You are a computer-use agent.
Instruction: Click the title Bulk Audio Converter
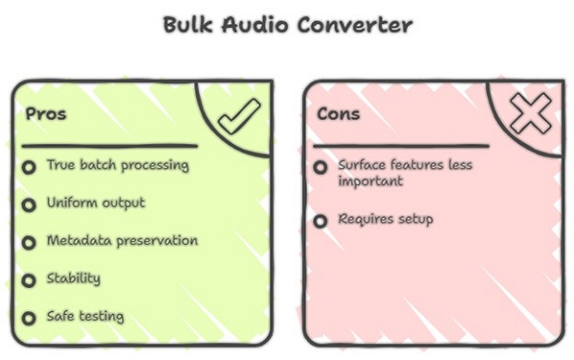click(287, 25)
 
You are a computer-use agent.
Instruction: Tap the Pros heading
click(46, 114)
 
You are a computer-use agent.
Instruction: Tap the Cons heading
click(339, 114)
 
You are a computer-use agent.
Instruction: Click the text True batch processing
click(118, 165)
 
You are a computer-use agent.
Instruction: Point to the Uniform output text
click(96, 203)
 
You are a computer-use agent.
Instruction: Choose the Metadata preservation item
click(122, 240)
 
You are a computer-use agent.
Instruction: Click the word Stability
click(74, 279)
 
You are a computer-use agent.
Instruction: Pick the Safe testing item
click(85, 316)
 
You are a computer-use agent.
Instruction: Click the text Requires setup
click(386, 219)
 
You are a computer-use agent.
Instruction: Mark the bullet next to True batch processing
click(30, 167)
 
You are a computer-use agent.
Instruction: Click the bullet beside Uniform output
click(30, 205)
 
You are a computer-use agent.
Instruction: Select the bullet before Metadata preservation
click(30, 242)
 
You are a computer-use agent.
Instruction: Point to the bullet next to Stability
click(30, 281)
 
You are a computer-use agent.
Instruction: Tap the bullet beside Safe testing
click(30, 318)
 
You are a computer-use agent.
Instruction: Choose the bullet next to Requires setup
click(320, 221)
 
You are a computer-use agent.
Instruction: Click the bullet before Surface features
click(320, 168)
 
